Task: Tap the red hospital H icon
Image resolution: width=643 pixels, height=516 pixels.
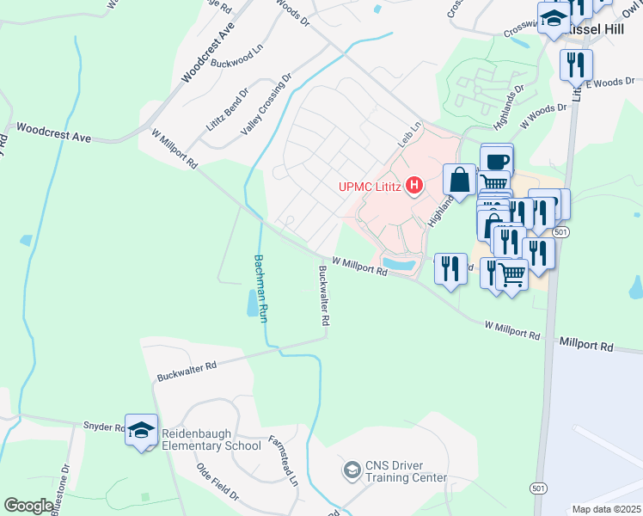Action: [x=414, y=185]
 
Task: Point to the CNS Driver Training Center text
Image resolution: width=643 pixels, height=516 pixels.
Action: [x=405, y=472]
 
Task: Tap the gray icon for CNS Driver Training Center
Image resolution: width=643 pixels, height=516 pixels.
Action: [x=351, y=470]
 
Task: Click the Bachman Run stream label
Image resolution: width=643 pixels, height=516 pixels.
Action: [x=260, y=289]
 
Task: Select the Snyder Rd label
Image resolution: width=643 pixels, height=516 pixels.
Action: [x=104, y=427]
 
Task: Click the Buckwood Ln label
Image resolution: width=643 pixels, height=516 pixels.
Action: [x=235, y=63]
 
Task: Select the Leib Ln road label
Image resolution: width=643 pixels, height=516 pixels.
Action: [x=410, y=132]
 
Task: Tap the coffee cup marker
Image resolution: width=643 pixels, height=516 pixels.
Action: [x=497, y=161]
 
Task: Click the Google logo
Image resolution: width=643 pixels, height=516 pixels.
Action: [x=28, y=506]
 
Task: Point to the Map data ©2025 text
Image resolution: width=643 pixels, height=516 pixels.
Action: [x=606, y=509]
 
